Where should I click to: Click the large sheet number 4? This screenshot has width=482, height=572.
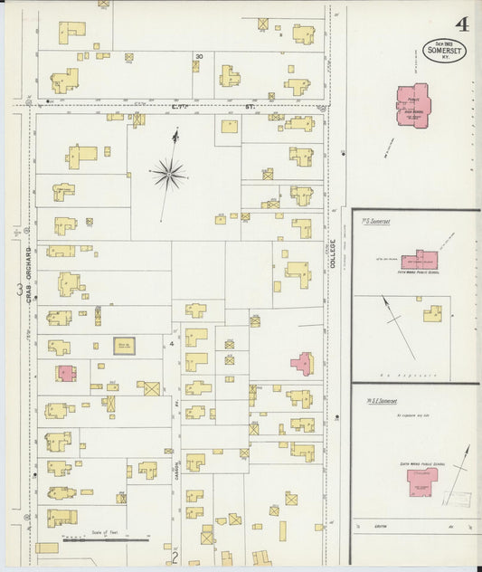(462, 24)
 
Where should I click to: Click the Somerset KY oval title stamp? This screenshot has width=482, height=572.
(444, 49)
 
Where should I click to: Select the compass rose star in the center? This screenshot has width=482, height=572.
(169, 172)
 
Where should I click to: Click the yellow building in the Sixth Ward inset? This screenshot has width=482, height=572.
(433, 313)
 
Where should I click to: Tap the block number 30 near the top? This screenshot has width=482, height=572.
(198, 57)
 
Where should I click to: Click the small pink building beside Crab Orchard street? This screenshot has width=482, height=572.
(64, 372)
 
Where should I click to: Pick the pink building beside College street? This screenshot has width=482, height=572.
(301, 363)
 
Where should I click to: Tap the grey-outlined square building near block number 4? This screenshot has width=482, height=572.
(124, 345)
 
